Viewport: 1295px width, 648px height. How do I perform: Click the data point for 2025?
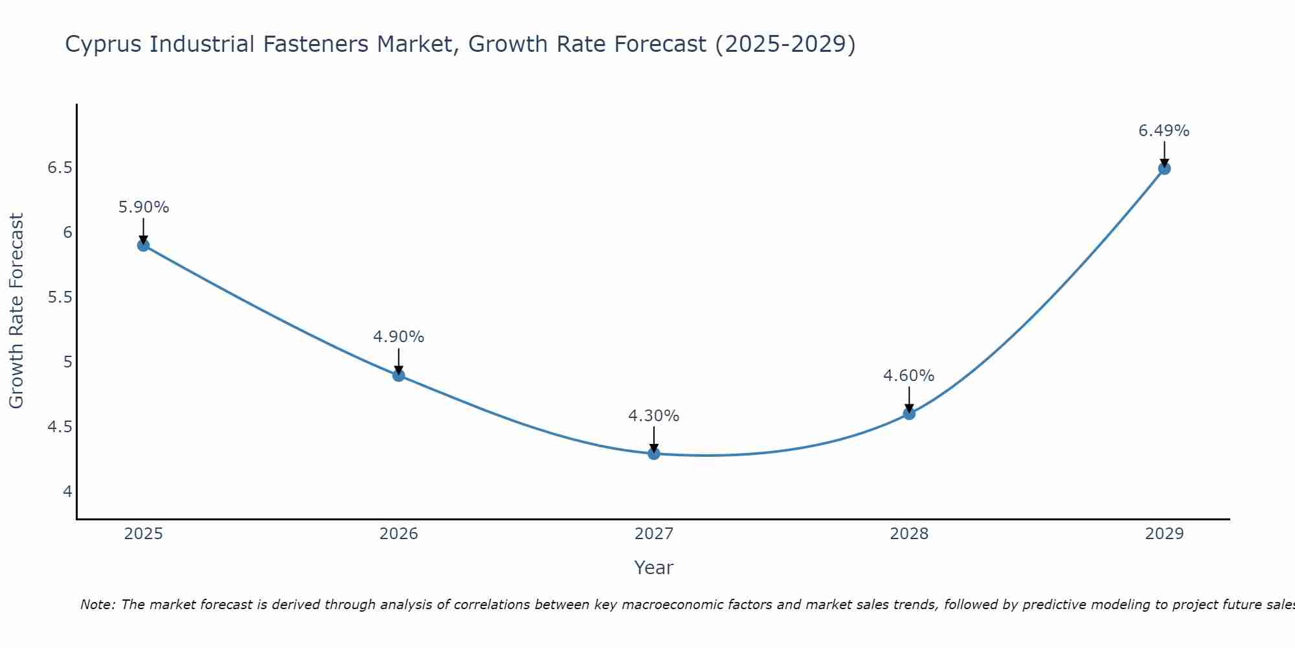pyautogui.click(x=143, y=245)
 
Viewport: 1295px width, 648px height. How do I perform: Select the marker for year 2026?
pyautogui.click(x=398, y=375)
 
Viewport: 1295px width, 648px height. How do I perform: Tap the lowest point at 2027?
pyautogui.click(x=653, y=453)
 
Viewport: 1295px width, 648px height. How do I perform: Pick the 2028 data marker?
pyautogui.click(x=908, y=413)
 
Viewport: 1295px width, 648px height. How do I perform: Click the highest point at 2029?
pyautogui.click(x=1164, y=168)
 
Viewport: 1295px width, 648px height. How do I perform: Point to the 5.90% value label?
pyautogui.click(x=144, y=207)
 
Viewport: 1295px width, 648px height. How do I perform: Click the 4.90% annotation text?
pyautogui.click(x=398, y=337)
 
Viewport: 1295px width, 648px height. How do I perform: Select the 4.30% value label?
pyautogui.click(x=653, y=416)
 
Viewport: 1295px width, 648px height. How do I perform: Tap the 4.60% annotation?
pyautogui.click(x=908, y=376)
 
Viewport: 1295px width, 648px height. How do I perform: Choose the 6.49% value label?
pyautogui.click(x=1164, y=131)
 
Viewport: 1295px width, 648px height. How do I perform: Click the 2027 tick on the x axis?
pyautogui.click(x=653, y=534)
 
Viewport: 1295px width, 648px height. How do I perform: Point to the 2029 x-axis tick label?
pyautogui.click(x=1164, y=534)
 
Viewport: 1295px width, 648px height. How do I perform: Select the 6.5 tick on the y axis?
pyautogui.click(x=60, y=168)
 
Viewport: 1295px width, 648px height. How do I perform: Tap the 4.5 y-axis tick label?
pyautogui.click(x=60, y=427)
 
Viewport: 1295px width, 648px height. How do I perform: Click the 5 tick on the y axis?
pyautogui.click(x=68, y=362)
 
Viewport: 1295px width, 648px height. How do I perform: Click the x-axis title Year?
pyautogui.click(x=653, y=568)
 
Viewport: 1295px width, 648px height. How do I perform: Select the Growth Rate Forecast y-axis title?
pyautogui.click(x=17, y=311)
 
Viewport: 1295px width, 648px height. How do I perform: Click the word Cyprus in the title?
pyautogui.click(x=106, y=45)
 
